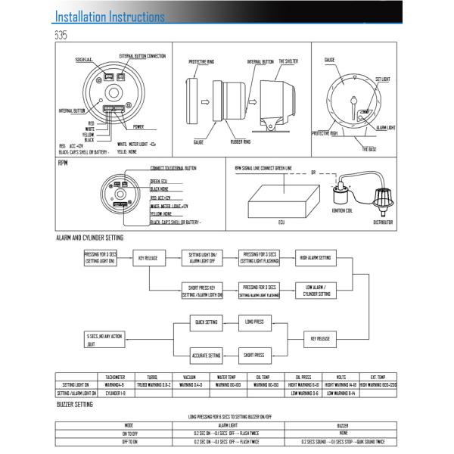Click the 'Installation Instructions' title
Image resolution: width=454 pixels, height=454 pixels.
tap(110, 17)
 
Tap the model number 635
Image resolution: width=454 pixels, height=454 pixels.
tap(61, 35)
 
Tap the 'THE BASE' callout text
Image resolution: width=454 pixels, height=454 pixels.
tap(369, 149)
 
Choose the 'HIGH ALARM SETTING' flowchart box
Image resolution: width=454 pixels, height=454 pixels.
tap(315, 258)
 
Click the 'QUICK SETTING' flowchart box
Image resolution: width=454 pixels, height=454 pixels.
tap(206, 322)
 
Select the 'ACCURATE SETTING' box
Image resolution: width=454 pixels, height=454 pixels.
tap(206, 354)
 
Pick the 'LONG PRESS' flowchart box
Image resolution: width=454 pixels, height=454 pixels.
tap(253, 322)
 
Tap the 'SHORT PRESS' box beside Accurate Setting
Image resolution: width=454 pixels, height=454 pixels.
tap(253, 354)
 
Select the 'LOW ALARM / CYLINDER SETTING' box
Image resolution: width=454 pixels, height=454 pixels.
tap(315, 290)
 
